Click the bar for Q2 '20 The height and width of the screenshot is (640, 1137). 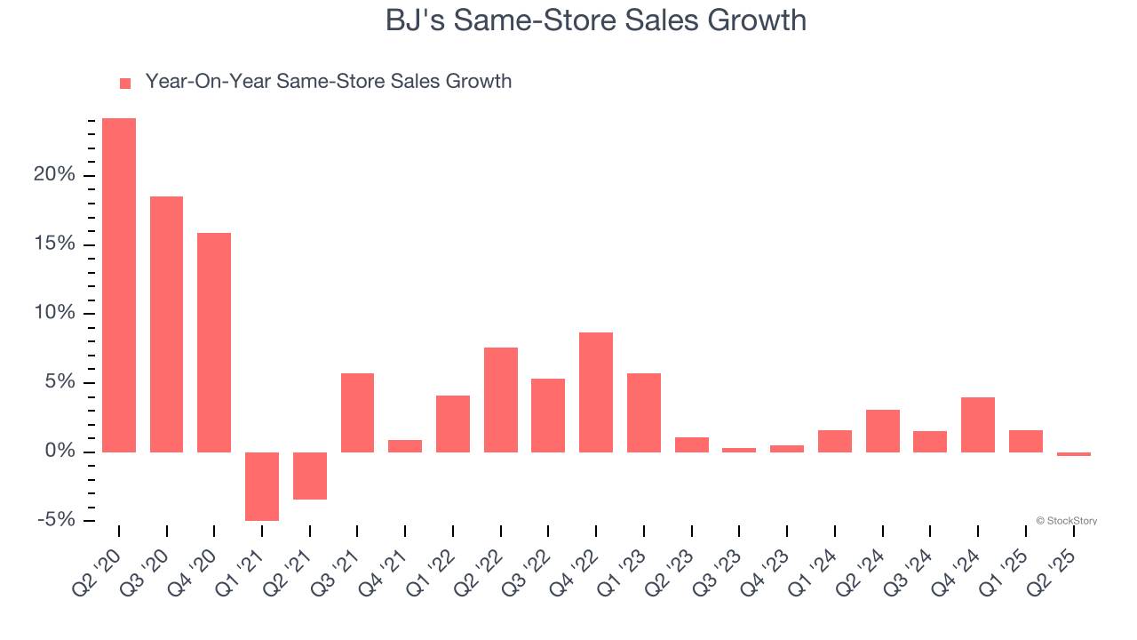(119, 284)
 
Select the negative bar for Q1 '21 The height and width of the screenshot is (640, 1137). (262, 486)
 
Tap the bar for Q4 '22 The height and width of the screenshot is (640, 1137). (596, 392)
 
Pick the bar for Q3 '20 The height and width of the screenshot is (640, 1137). (166, 324)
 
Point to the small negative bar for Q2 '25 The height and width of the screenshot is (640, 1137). (1074, 454)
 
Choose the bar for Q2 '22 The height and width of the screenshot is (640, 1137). (501, 399)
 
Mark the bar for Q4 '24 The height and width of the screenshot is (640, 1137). (978, 424)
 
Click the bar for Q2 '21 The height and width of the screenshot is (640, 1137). (310, 476)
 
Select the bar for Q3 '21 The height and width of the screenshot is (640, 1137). (357, 412)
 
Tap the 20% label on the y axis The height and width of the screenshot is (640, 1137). (54, 175)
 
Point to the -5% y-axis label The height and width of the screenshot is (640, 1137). (54, 521)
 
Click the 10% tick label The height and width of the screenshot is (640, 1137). (54, 314)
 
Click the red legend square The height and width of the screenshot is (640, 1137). (125, 83)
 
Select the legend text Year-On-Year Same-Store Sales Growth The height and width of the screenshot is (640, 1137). (328, 82)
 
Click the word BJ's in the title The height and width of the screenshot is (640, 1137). (415, 20)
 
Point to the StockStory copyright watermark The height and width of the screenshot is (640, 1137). (1066, 521)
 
